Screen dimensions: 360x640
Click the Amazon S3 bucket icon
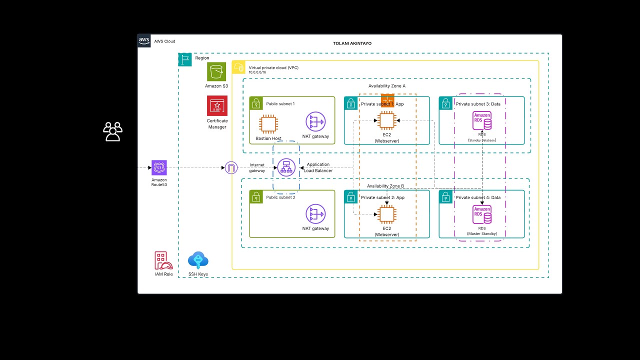click(x=216, y=71)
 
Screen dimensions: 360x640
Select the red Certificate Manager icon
click(x=217, y=105)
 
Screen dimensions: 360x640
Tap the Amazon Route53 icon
click(x=159, y=168)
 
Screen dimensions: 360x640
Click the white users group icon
click(x=112, y=131)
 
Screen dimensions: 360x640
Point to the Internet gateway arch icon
click(x=230, y=168)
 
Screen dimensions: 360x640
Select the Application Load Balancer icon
click(x=286, y=168)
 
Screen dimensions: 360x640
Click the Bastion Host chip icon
click(x=268, y=124)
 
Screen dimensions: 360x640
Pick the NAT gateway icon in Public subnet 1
click(x=315, y=121)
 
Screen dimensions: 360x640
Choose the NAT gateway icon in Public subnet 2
click(x=315, y=214)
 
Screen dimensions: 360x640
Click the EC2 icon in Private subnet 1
click(x=386, y=120)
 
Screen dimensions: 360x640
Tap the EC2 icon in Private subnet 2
click(x=386, y=214)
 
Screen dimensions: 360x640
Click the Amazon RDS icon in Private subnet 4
click(x=482, y=214)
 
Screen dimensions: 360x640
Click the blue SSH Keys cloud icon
click(x=198, y=260)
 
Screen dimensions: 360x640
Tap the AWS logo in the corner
click(x=144, y=41)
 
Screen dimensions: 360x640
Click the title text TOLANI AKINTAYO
click(x=352, y=43)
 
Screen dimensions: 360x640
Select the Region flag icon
click(x=185, y=59)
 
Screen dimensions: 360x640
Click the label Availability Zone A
click(x=386, y=86)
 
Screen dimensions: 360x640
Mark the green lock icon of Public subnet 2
click(x=256, y=196)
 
